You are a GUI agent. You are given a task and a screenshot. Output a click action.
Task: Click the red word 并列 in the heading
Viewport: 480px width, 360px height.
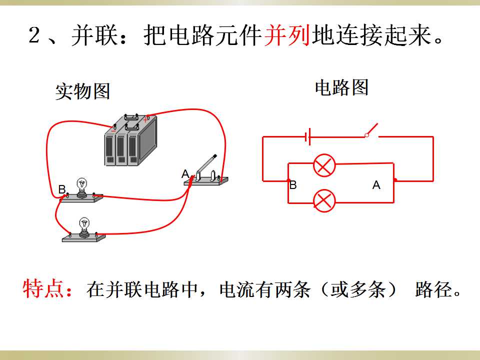click(x=287, y=35)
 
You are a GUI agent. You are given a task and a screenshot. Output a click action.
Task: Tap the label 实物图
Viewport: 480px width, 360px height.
click(x=82, y=91)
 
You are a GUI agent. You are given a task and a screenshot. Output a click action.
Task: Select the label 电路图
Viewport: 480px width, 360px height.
click(x=341, y=87)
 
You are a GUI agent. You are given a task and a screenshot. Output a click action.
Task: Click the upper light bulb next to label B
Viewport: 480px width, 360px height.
click(x=81, y=187)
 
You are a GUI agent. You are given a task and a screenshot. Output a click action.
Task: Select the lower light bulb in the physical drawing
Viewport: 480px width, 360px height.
click(x=84, y=227)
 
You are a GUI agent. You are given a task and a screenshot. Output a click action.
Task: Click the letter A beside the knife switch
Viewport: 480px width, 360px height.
click(x=185, y=174)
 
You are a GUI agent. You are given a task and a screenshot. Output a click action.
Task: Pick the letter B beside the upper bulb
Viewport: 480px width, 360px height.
click(x=62, y=189)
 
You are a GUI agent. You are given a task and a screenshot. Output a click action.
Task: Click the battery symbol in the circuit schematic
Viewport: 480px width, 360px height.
click(x=308, y=136)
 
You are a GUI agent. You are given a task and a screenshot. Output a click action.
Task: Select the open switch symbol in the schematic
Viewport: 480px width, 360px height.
click(x=371, y=130)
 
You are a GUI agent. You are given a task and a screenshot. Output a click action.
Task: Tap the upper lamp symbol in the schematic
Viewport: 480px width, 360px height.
click(x=324, y=165)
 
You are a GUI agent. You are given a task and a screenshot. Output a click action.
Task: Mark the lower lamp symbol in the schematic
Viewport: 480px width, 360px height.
click(x=324, y=201)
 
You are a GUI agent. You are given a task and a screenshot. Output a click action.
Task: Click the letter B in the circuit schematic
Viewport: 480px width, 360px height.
click(x=293, y=185)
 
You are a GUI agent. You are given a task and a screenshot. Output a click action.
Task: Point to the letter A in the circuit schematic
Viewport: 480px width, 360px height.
click(x=376, y=185)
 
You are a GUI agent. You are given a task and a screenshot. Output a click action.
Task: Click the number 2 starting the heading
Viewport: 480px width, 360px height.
click(x=34, y=35)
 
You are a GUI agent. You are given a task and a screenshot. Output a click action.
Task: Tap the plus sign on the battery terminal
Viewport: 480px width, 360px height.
click(x=145, y=119)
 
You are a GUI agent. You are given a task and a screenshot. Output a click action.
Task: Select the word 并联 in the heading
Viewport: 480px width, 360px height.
click(x=95, y=35)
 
